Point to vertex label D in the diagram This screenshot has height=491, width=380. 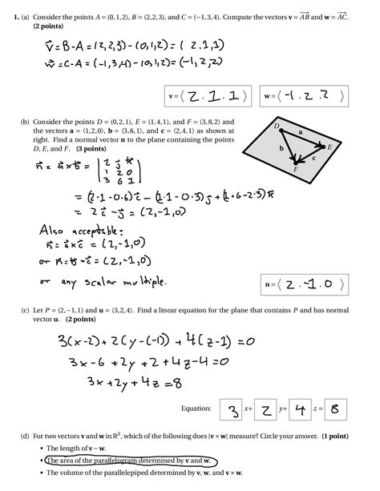click(x=277, y=126)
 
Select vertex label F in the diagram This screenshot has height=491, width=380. click(x=297, y=171)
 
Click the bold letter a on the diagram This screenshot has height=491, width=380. click(x=301, y=131)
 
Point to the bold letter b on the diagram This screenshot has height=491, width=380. click(x=281, y=149)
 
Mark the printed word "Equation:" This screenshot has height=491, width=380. click(x=197, y=409)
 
